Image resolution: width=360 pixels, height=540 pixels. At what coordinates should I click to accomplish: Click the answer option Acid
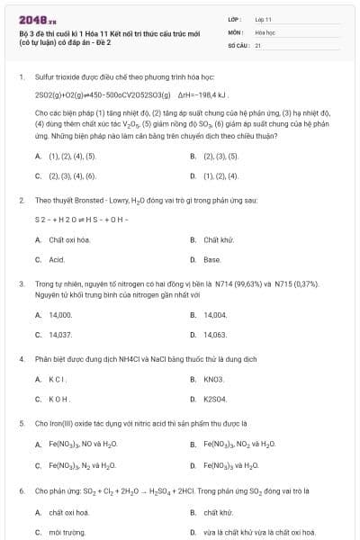(57, 259)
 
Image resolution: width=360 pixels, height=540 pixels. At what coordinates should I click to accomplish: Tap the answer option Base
(212, 259)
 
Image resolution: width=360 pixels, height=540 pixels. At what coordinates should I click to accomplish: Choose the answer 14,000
(60, 315)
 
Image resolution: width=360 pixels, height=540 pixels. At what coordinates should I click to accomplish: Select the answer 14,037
(60, 335)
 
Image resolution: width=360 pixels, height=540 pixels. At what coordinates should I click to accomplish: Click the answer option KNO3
(214, 379)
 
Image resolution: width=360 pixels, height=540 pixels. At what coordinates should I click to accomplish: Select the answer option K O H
(59, 399)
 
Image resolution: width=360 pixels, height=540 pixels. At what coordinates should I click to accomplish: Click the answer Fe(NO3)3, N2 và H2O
(83, 465)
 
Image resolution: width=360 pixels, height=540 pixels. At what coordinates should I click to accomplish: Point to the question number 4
(21, 358)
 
